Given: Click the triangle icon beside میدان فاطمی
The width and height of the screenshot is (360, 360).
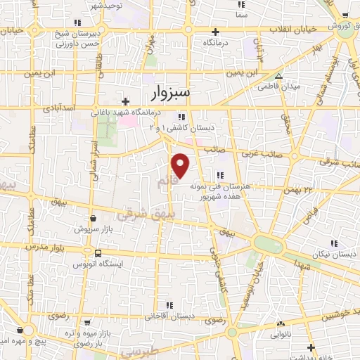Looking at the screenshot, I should pos(279,76).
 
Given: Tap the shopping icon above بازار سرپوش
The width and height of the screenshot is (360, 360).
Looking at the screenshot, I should pos(93,219).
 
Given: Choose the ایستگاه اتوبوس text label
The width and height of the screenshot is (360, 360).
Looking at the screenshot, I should pos(99,265).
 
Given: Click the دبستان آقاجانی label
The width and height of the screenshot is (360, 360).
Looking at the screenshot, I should pos(169,317).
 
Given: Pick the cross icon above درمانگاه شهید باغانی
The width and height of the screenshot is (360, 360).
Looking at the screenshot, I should pos(125,101).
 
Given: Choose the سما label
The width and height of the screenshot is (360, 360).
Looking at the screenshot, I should pos(242,14).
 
